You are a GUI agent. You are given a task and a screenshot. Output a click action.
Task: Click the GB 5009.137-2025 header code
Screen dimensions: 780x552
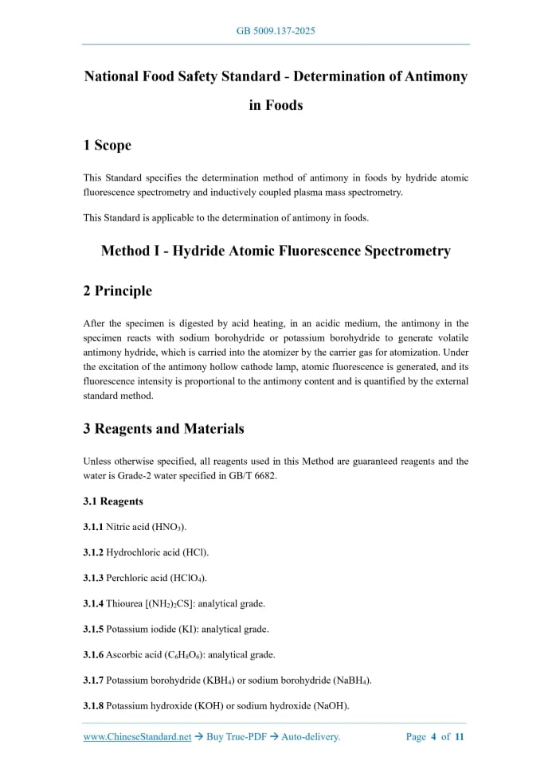click(276, 31)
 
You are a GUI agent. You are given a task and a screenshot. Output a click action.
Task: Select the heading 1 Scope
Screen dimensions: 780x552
click(107, 145)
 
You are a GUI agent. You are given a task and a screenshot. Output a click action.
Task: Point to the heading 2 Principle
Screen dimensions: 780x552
click(117, 291)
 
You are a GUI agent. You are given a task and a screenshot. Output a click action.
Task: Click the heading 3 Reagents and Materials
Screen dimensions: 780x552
click(163, 428)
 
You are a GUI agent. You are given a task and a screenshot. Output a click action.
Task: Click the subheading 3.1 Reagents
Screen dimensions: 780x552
click(113, 501)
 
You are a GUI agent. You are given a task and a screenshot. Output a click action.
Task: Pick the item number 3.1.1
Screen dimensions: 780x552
click(93, 527)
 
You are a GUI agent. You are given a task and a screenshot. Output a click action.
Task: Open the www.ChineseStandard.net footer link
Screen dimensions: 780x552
click(137, 737)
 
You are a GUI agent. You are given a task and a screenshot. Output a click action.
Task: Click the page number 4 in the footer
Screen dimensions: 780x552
click(433, 737)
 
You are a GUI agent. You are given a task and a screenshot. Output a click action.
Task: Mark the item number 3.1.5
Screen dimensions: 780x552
click(93, 629)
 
